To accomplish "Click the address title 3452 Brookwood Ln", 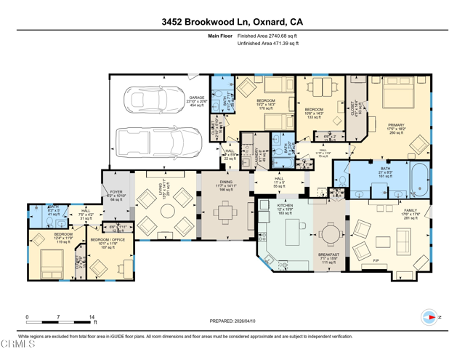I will coord(232,22).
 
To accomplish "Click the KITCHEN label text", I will coord(285,207).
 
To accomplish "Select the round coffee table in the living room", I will coord(167,212).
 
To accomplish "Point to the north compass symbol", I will coord(430,317).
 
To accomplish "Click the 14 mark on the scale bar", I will coord(92,317).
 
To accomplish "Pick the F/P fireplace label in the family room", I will coord(376,260).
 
